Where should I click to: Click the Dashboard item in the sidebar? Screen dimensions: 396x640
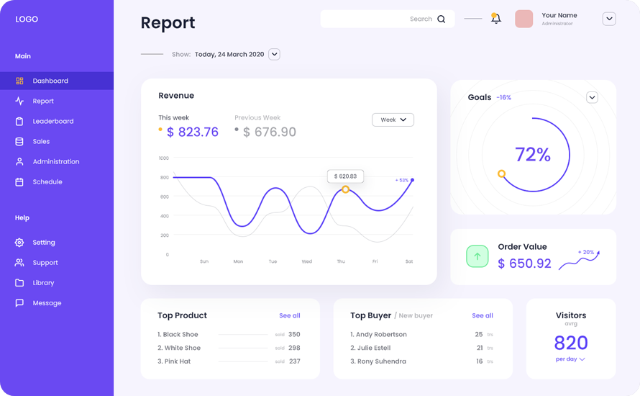click(x=50, y=81)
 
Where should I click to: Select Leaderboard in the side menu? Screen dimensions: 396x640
click(x=52, y=122)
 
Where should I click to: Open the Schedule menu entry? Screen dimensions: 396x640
click(x=47, y=182)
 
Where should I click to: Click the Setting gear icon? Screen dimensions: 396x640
click(x=19, y=243)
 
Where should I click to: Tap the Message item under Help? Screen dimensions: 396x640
click(x=46, y=303)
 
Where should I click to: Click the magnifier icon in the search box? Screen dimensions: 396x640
click(x=442, y=19)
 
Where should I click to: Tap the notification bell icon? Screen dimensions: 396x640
click(x=495, y=19)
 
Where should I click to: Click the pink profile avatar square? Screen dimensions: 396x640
click(x=524, y=19)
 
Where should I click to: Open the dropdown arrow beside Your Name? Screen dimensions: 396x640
click(x=609, y=19)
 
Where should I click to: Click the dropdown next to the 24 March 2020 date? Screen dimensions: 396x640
click(x=274, y=55)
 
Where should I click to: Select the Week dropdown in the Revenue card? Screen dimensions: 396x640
click(x=393, y=120)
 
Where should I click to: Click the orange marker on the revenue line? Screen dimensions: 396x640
click(x=345, y=189)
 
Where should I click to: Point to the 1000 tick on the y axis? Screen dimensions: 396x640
click(x=164, y=158)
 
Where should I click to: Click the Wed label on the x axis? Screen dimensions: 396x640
click(x=307, y=262)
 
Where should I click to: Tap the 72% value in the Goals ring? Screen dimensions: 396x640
click(x=533, y=155)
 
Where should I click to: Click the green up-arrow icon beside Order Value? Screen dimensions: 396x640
click(x=477, y=256)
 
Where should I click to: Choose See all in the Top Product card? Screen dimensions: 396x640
click(x=290, y=316)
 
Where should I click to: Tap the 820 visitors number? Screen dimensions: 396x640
click(x=571, y=343)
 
